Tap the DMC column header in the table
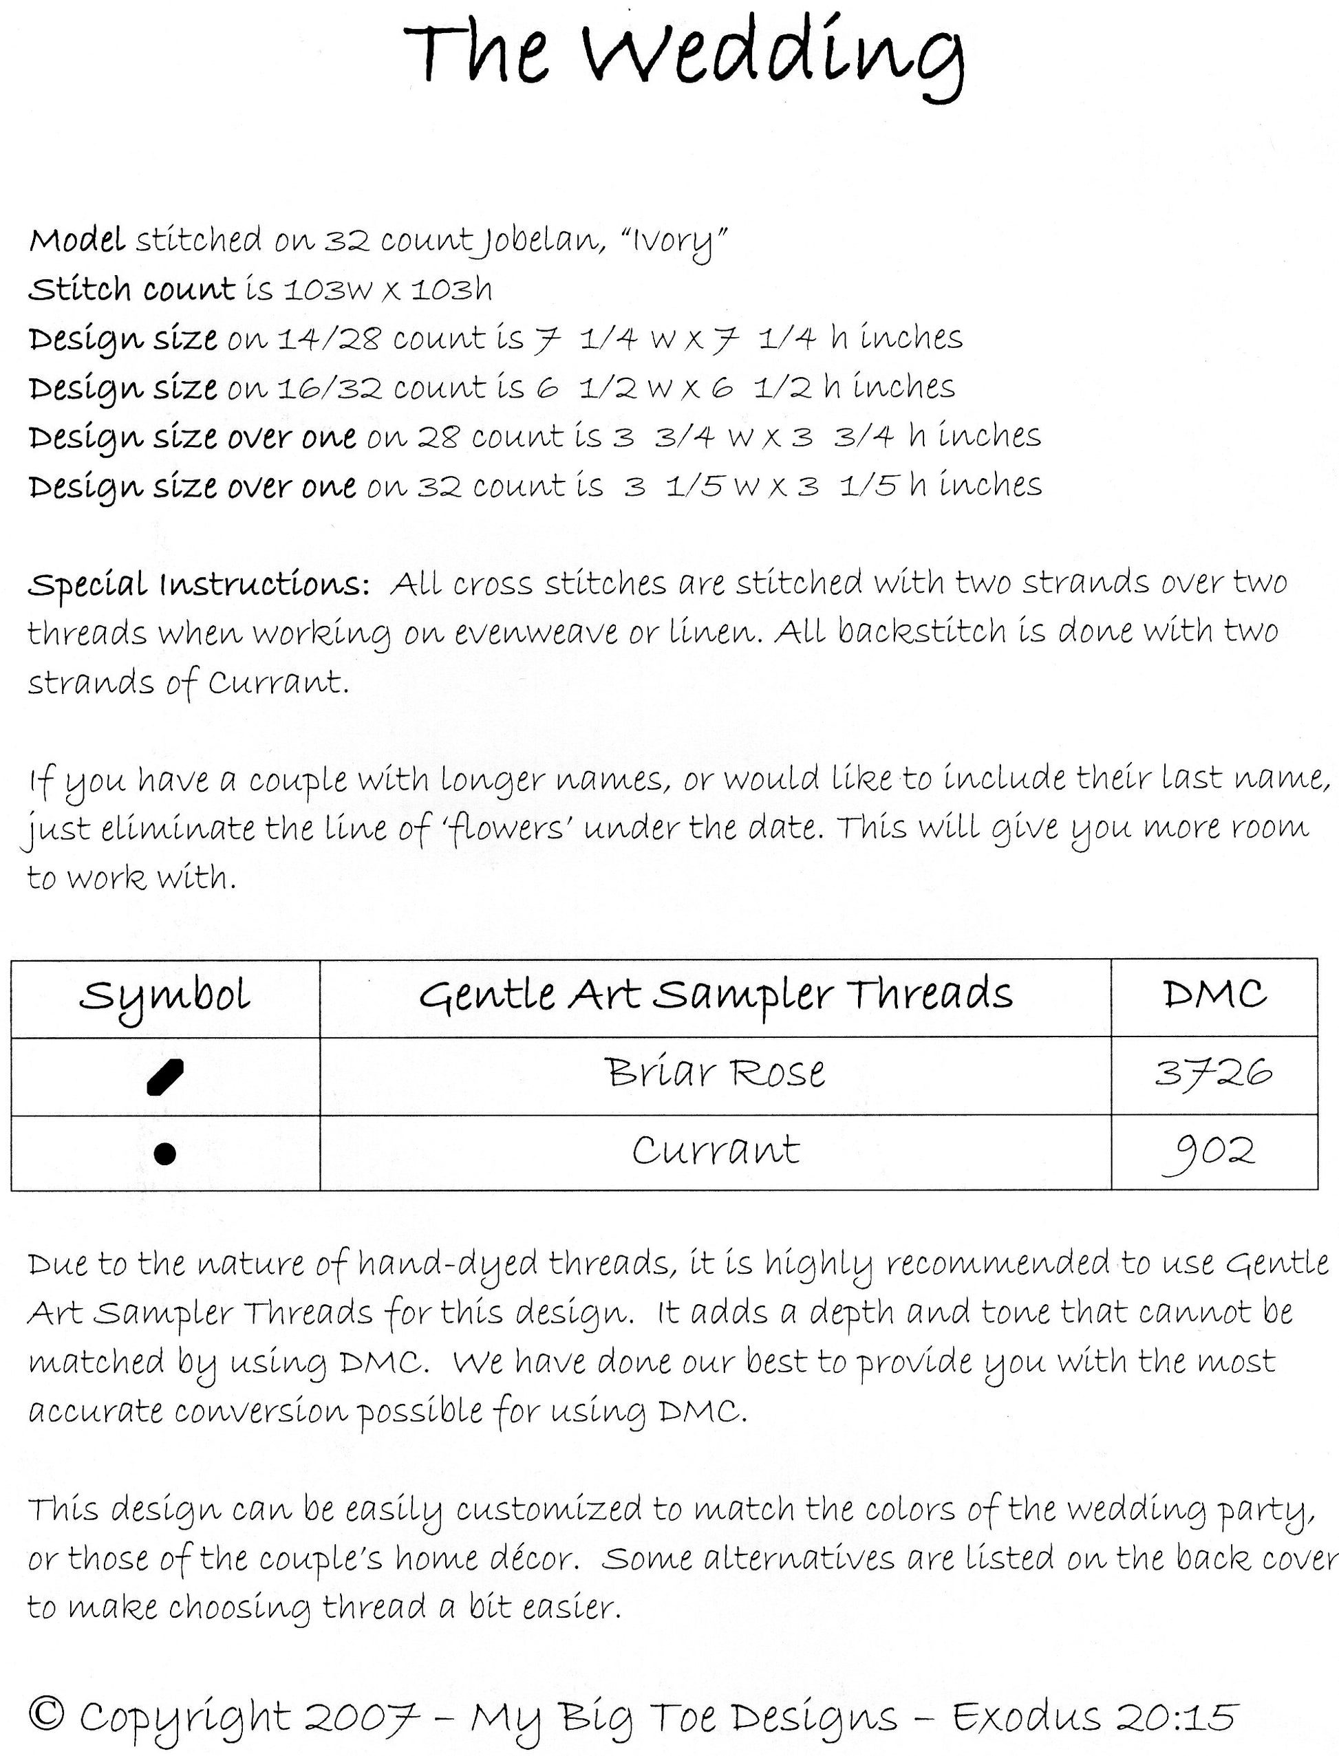[1214, 995]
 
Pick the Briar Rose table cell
[715, 1073]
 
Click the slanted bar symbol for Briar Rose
[165, 1076]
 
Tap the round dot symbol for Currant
[164, 1153]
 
